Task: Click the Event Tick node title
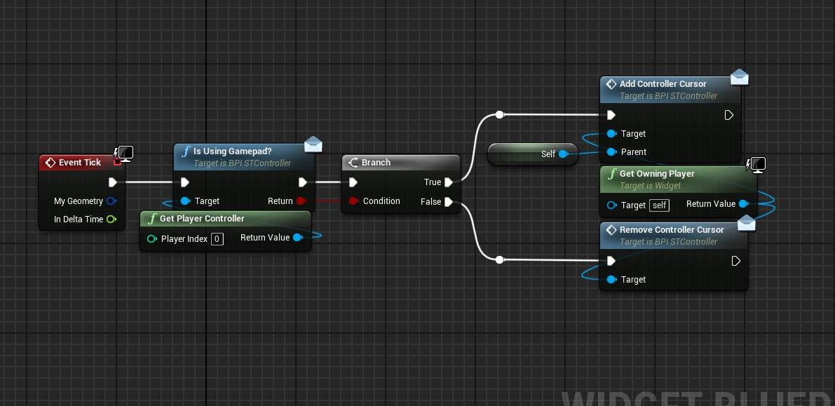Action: pos(80,163)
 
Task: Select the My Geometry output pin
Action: pos(111,201)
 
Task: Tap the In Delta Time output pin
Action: pos(111,219)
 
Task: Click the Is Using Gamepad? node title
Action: pos(232,151)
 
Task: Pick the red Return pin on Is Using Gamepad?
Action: pos(301,201)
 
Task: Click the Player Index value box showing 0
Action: pos(217,239)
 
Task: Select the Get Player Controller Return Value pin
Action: pos(297,238)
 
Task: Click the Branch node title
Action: pos(376,163)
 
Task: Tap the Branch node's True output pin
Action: pos(449,182)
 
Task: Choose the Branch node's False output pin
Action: pos(449,202)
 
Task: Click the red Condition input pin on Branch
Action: pos(353,201)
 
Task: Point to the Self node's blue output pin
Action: pos(563,154)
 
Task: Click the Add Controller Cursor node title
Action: pos(663,84)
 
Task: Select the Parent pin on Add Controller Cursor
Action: pos(611,152)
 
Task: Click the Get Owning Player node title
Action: pos(657,174)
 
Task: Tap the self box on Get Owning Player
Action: pos(659,205)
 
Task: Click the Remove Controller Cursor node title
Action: pos(672,230)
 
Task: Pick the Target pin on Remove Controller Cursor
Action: pos(611,280)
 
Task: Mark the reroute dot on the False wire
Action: pos(499,260)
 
